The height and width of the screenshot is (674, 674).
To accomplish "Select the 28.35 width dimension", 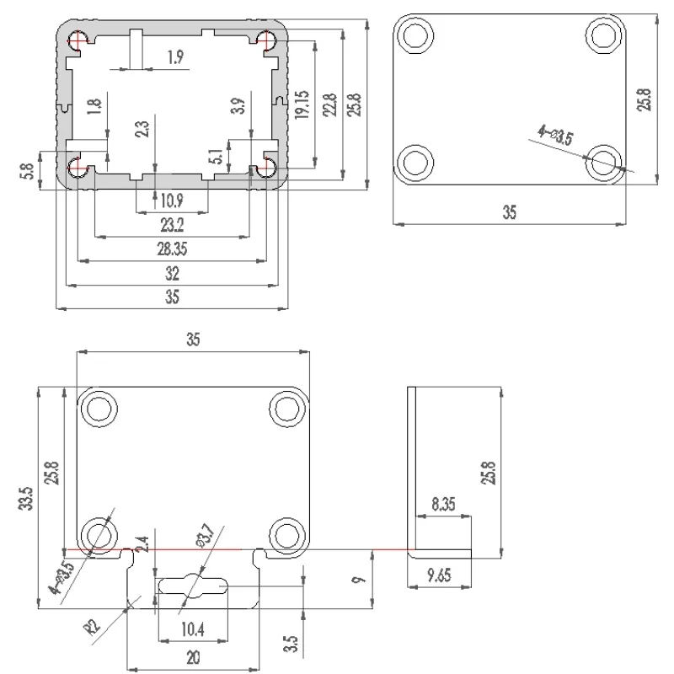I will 171,249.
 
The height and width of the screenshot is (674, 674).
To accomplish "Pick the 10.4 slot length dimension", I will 193,629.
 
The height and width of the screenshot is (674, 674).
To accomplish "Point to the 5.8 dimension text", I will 29,171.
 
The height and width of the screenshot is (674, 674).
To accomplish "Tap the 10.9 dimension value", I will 171,201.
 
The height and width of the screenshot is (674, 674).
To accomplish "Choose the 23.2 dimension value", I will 171,226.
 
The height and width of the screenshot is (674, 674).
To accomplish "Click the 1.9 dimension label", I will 175,57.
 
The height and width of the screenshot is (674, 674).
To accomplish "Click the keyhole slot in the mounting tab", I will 192,586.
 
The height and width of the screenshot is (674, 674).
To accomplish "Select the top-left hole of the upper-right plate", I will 416,35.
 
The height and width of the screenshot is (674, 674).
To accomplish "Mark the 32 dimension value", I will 172,274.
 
